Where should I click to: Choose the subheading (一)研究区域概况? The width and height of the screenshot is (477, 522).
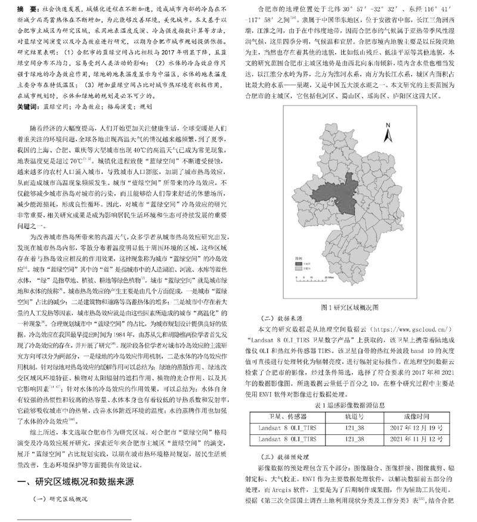[x=60, y=498]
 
